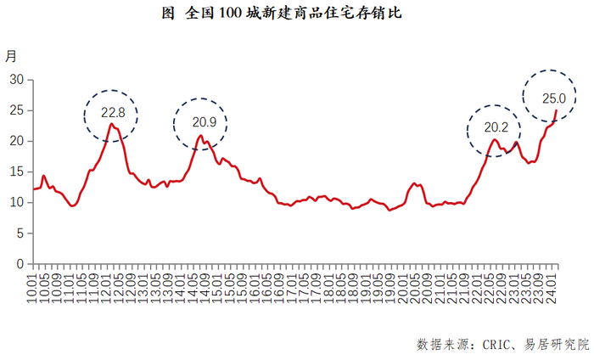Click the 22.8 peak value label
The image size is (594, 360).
click(x=113, y=112)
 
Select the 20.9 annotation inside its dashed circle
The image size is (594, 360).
click(x=200, y=122)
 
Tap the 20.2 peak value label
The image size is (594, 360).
click(x=496, y=128)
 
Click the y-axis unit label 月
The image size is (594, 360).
click(x=11, y=57)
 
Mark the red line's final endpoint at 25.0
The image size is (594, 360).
click(x=557, y=110)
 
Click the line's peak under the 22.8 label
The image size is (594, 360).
click(x=111, y=124)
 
